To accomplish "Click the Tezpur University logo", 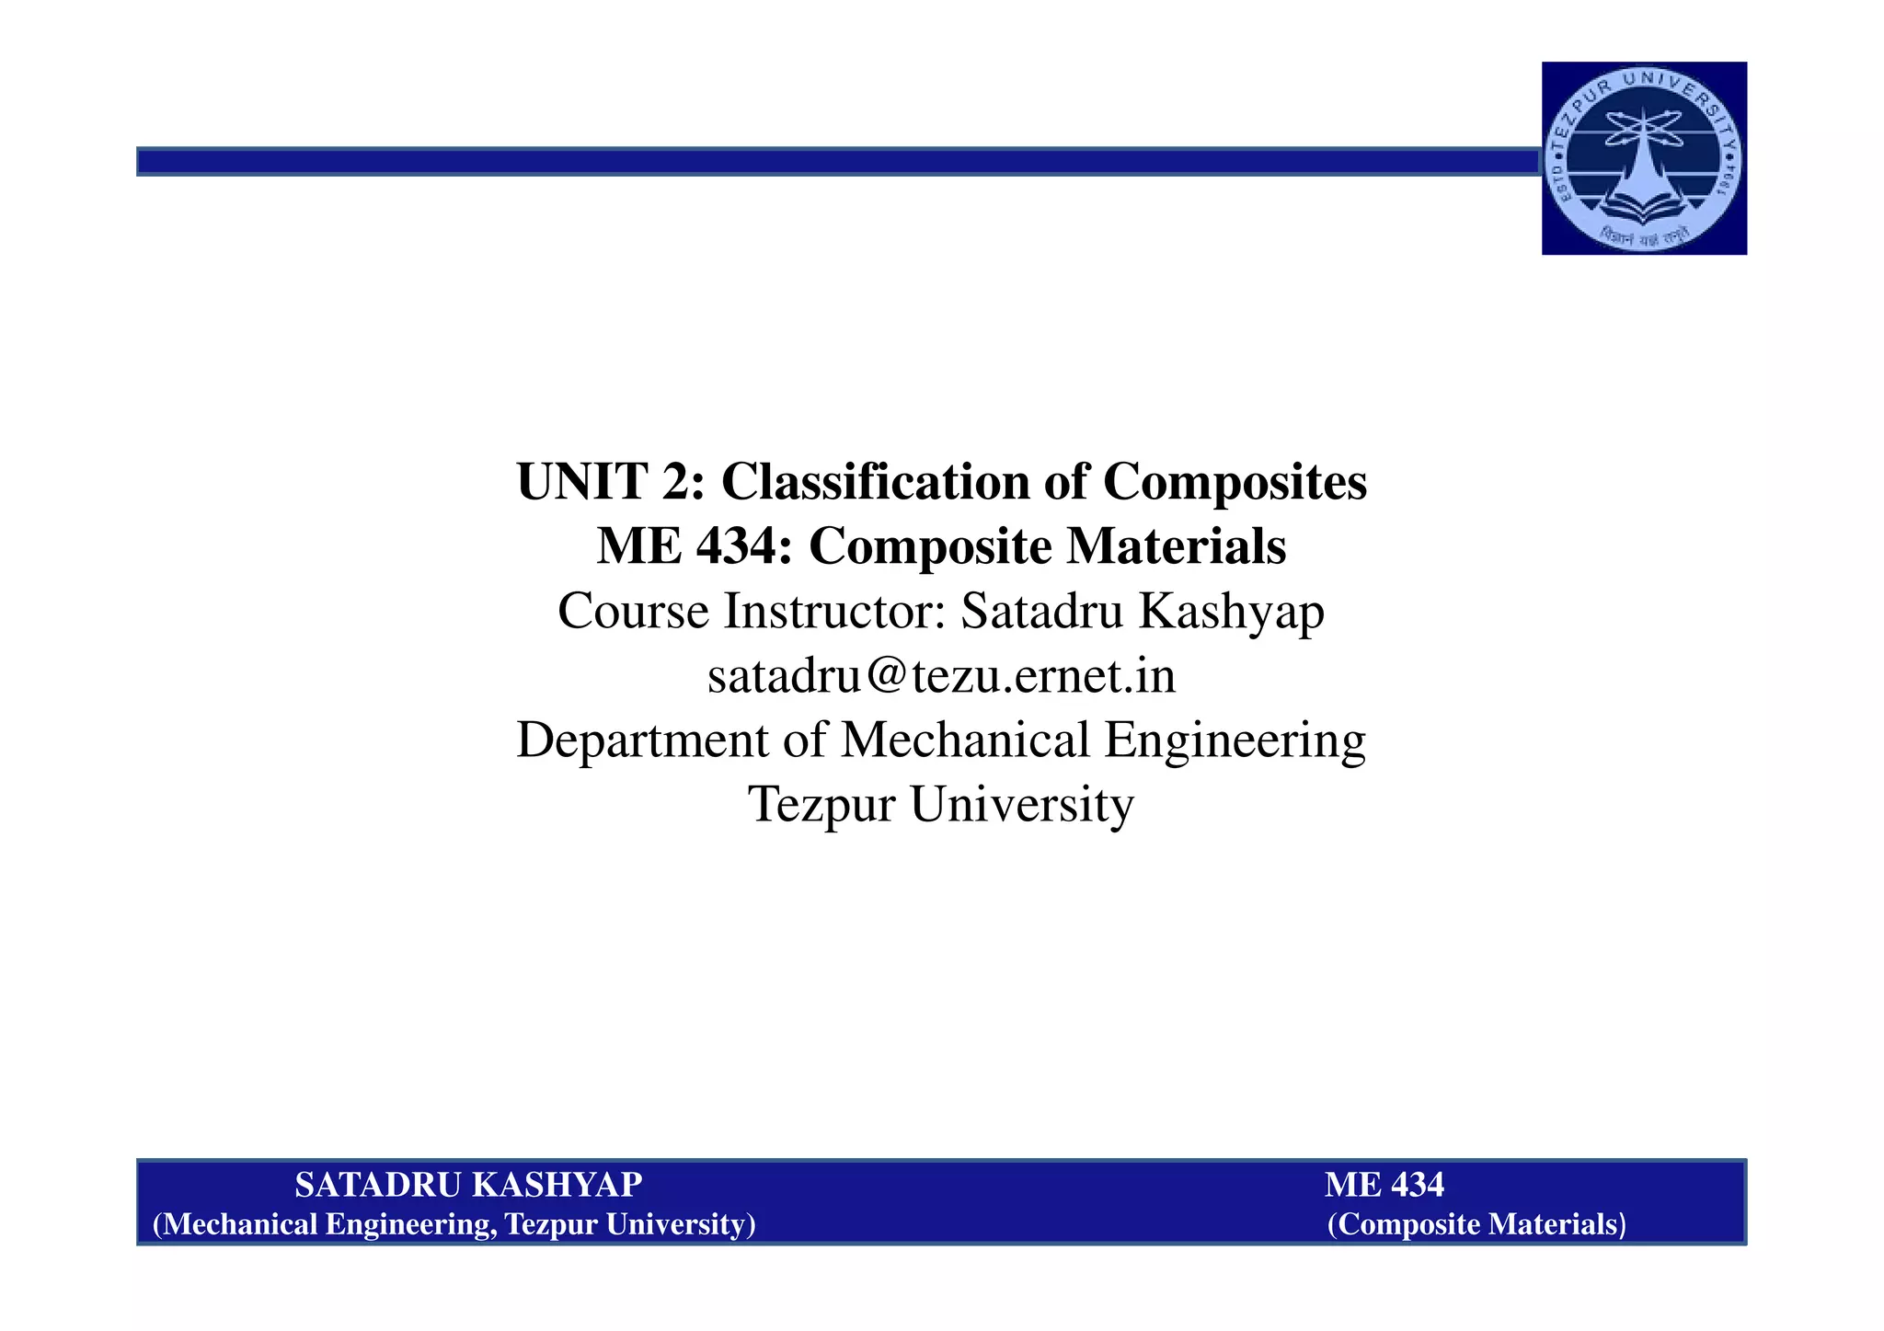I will click(1644, 158).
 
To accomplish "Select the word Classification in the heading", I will click(875, 481).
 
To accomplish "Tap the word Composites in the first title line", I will click(1235, 481).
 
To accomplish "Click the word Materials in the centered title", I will click(1177, 546).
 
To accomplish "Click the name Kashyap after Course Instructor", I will click(1232, 611).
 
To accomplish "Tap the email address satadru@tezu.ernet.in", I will click(941, 676).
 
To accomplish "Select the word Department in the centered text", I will click(642, 740).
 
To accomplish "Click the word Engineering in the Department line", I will click(1235, 740).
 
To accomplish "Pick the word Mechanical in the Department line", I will click(965, 740).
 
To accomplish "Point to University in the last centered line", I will click(1022, 805).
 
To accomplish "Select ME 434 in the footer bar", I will click(1384, 1186).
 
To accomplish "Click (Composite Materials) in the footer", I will click(1476, 1224).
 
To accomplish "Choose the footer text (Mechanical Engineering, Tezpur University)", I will click(454, 1224).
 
